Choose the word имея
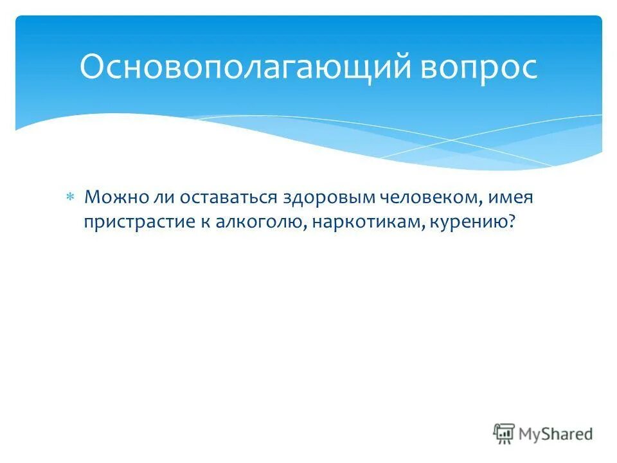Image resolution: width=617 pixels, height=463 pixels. point(511,197)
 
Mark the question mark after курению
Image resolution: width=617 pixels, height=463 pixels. point(512,221)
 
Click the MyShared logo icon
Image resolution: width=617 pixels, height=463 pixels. point(504,434)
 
